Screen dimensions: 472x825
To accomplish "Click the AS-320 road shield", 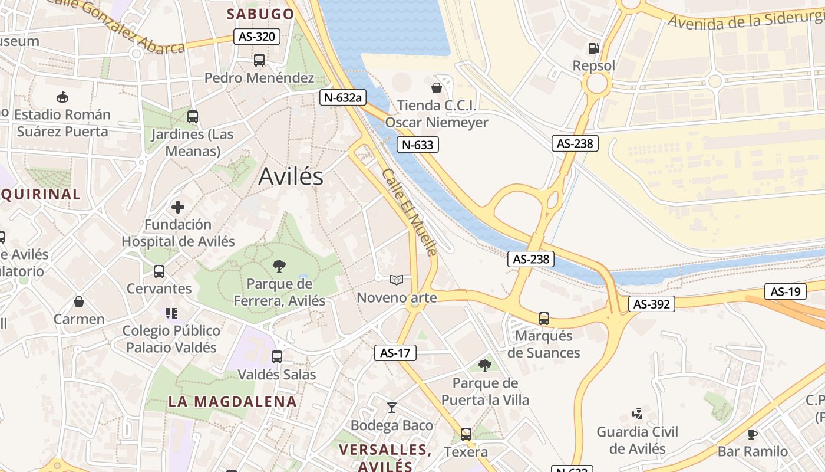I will coord(256,37).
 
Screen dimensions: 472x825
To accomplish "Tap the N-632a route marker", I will coord(341,97).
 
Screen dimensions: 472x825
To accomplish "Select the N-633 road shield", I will coord(418,145).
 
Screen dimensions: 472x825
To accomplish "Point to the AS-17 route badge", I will coord(395,353).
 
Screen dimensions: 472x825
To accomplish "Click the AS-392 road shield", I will coord(651,304).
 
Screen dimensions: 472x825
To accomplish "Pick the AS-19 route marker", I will coord(785,291).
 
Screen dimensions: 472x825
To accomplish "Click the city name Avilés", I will coord(291,176).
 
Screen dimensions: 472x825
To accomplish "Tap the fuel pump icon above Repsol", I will coord(593,48).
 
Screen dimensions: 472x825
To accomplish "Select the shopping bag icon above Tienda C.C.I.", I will coord(437,88).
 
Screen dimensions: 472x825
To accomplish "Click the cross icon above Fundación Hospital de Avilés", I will coord(178,207).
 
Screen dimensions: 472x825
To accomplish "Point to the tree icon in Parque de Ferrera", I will coord(279,266).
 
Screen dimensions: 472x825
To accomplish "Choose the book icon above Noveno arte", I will coord(397,280).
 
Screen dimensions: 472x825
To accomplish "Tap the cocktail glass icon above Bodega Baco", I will coord(391,407).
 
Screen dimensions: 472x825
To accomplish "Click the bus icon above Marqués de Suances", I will coord(543,319).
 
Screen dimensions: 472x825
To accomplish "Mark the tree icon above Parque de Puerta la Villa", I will coord(484,366).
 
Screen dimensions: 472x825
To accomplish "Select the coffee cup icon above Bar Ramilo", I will coord(752,434).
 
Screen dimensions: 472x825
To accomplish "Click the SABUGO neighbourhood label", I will coord(260,14).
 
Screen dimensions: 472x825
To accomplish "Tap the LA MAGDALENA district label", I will coord(232,402).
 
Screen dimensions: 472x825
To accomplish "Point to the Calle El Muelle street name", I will coord(410,212).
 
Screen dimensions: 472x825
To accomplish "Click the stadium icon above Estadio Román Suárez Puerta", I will coord(62,97).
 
